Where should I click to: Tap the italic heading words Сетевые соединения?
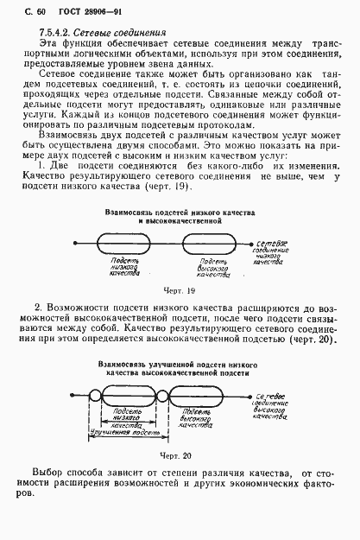point(123,32)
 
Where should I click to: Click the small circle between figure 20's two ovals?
point(162,398)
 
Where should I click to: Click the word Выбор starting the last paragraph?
point(49,473)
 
